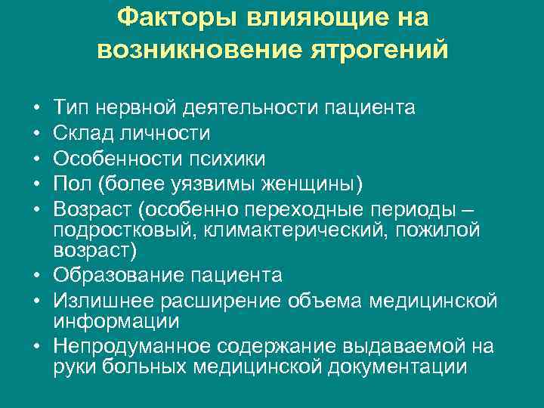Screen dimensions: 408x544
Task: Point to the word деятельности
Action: coord(253,107)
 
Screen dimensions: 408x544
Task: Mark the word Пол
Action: coord(74,184)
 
